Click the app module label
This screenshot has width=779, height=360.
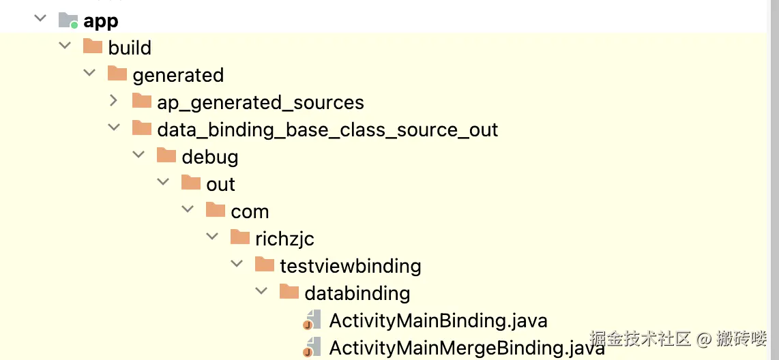(101, 21)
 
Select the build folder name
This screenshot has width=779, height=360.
(130, 48)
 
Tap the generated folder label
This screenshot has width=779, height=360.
(178, 76)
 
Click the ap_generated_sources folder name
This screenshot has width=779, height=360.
(261, 103)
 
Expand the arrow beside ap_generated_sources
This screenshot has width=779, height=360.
(114, 101)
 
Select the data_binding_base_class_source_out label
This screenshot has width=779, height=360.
(327, 130)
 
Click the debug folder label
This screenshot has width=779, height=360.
(210, 157)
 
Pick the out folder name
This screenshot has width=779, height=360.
(220, 184)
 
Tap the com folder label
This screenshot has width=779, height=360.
(250, 212)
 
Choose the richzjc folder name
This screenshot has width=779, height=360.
(284, 239)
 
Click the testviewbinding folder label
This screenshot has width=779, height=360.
(350, 266)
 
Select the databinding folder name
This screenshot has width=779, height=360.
(357, 293)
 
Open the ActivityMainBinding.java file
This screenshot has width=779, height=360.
(438, 320)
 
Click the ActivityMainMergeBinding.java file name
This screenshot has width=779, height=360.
(467, 348)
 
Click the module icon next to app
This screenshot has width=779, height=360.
(69, 20)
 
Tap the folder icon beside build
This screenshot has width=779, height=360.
(92, 46)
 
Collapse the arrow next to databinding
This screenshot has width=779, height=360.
(261, 291)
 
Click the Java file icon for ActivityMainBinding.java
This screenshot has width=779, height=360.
(312, 320)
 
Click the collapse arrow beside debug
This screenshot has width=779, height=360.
(138, 155)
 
